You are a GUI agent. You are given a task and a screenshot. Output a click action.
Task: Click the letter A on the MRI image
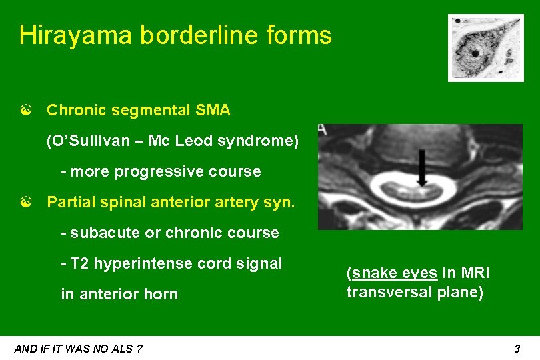pyautogui.click(x=323, y=129)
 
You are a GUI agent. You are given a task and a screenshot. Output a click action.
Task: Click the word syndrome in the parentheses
pyautogui.click(x=263, y=141)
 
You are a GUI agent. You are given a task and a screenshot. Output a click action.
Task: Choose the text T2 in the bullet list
pyautogui.click(x=79, y=263)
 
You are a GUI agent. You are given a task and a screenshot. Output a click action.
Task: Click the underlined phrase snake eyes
pyautogui.click(x=395, y=273)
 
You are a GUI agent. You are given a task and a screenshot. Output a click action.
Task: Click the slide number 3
pyautogui.click(x=517, y=348)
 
